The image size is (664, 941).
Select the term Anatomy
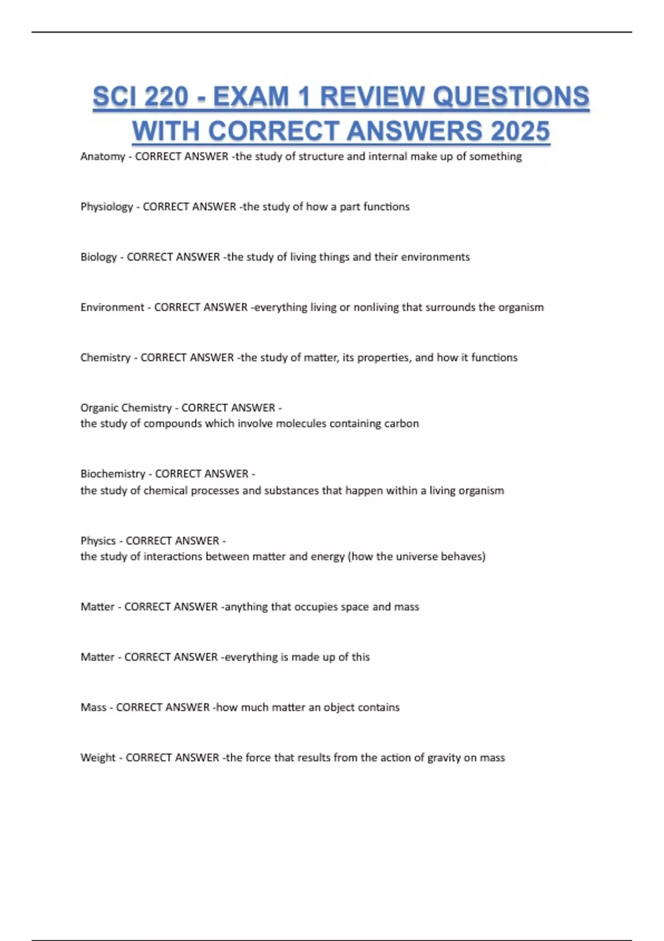point(102,157)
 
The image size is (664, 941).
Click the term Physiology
point(106,207)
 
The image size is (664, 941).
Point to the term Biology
point(98,257)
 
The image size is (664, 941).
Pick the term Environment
point(112,307)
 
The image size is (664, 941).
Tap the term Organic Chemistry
point(126,408)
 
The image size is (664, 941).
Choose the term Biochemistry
point(112,474)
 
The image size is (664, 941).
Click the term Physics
point(98,541)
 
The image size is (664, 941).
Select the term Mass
point(93,707)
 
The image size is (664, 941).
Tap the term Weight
point(98,758)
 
